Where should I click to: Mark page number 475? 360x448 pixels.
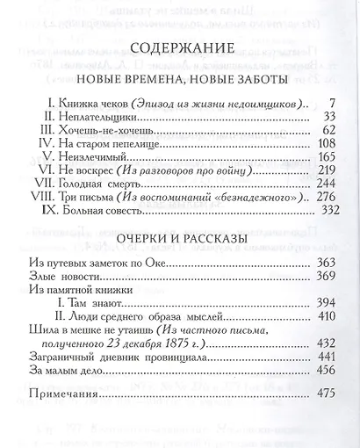click(328, 397)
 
